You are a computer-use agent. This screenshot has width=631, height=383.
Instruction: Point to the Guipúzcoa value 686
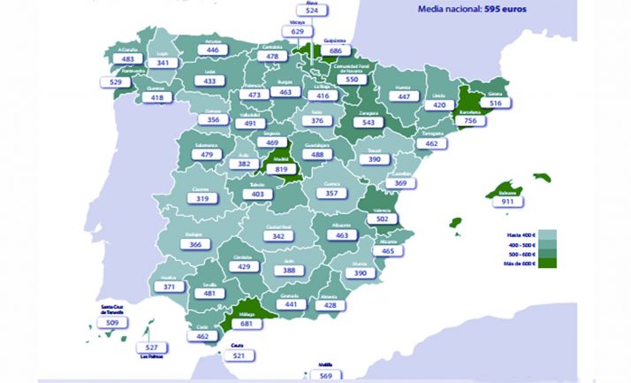(335, 51)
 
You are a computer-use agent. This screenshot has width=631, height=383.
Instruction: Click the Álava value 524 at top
(311, 11)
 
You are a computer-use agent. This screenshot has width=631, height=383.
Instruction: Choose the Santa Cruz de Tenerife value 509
(112, 323)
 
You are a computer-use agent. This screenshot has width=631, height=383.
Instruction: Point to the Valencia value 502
(383, 218)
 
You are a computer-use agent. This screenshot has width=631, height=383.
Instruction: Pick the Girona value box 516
(495, 103)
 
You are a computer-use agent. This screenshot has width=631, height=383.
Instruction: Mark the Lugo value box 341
(163, 63)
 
